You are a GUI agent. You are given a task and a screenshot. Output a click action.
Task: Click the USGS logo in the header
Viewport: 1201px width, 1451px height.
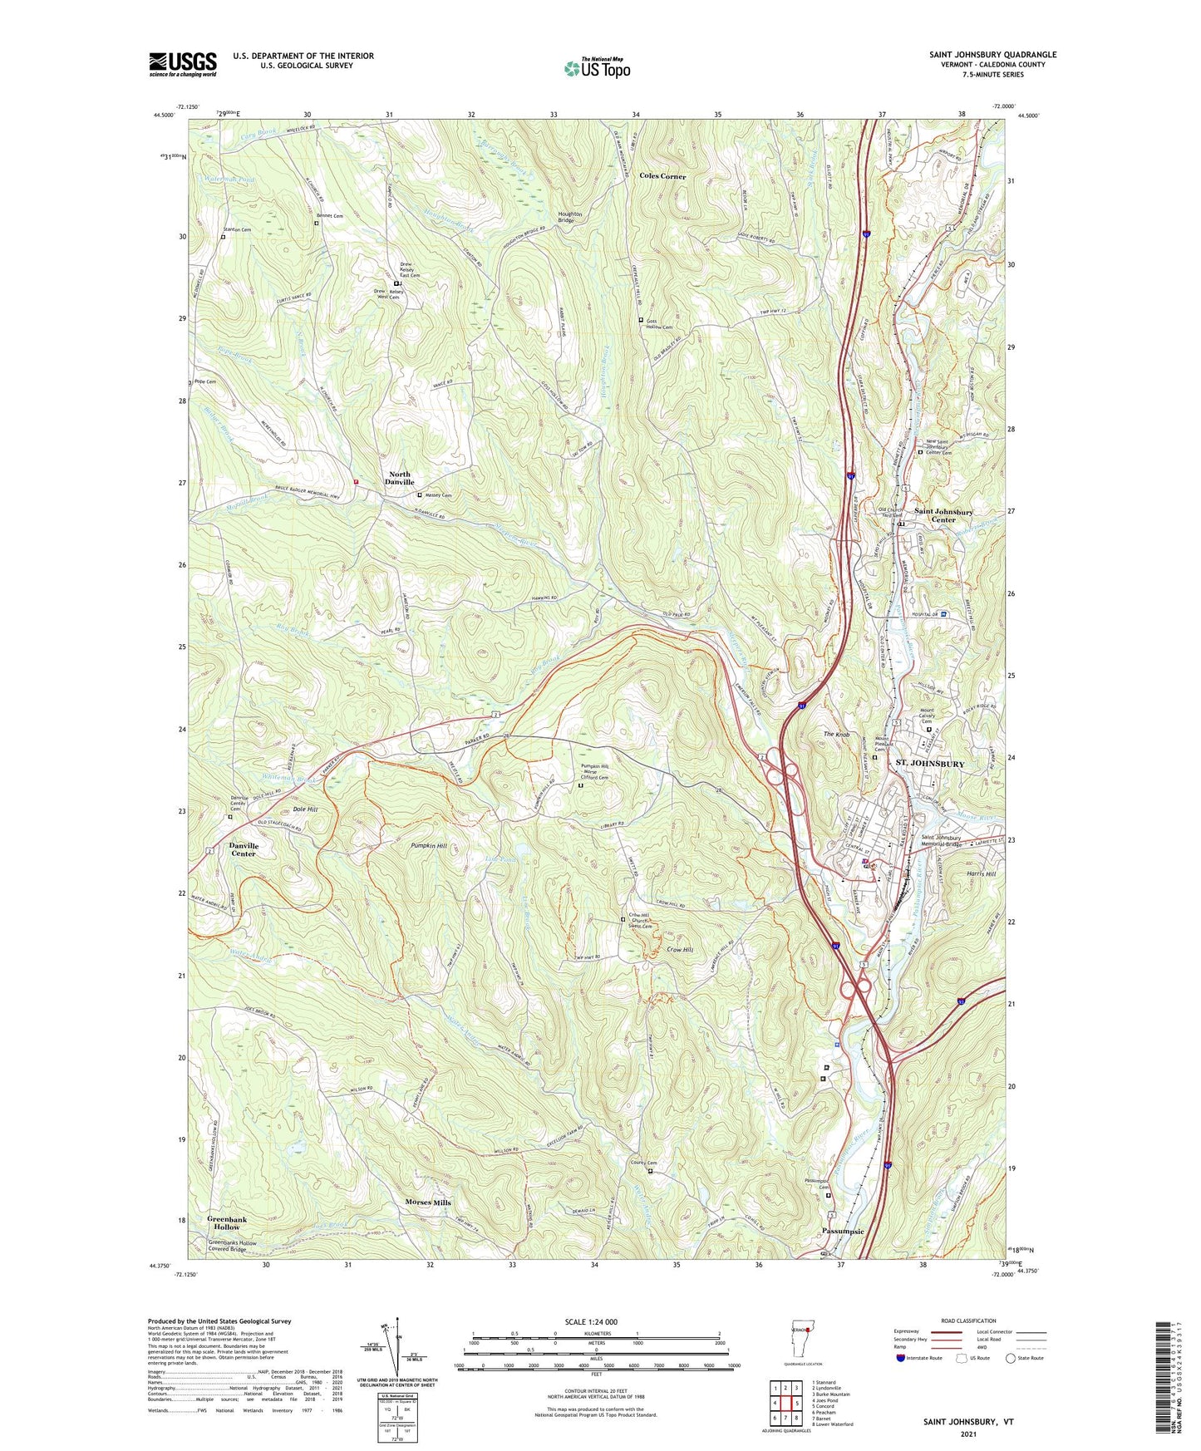click(183, 63)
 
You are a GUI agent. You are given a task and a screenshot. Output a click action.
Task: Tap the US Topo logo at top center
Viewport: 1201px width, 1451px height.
click(597, 67)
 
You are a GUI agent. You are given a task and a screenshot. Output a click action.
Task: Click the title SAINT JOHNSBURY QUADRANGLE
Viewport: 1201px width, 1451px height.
click(992, 55)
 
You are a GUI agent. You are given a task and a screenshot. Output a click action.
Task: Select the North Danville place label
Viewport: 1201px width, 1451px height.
click(400, 478)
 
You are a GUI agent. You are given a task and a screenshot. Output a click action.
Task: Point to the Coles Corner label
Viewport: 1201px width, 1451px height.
click(662, 176)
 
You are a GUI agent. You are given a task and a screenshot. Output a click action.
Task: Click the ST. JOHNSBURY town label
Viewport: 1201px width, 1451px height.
click(929, 764)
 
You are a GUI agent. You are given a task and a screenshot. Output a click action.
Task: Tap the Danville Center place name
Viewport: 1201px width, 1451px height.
click(243, 849)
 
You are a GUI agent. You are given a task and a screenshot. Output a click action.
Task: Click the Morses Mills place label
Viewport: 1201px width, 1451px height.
click(428, 1203)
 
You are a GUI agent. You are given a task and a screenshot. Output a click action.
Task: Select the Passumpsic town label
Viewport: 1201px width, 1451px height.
click(843, 1232)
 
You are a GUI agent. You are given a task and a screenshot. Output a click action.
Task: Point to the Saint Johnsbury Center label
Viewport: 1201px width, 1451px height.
click(943, 515)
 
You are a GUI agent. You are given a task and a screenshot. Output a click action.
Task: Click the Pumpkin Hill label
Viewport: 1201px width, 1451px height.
click(429, 845)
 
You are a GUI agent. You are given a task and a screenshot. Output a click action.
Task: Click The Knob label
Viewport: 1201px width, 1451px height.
click(836, 735)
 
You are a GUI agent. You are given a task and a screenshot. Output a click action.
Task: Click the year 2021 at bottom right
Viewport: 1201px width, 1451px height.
click(967, 1434)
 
